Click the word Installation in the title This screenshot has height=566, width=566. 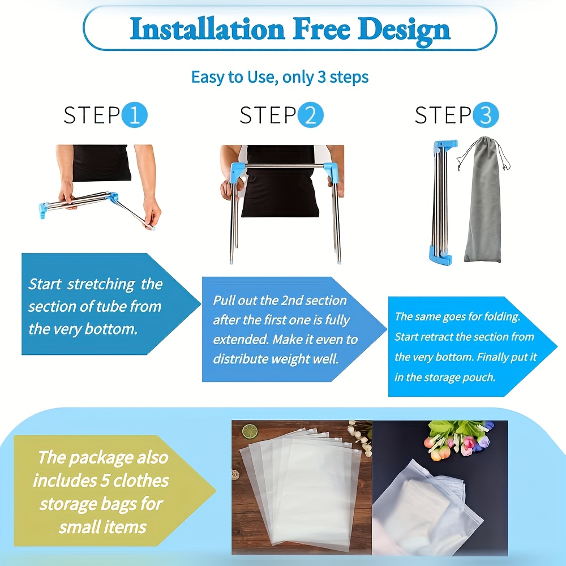coord(207,28)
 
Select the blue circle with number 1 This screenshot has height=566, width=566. coord(135,115)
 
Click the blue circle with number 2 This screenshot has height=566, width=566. coord(310,115)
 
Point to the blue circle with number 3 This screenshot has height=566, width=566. coord(486,115)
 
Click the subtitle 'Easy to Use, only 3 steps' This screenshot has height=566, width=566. coord(280,77)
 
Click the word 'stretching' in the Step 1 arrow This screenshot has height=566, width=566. coord(101,285)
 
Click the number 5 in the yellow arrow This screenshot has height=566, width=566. coord(105,481)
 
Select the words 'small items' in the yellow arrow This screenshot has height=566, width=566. coord(102,527)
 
